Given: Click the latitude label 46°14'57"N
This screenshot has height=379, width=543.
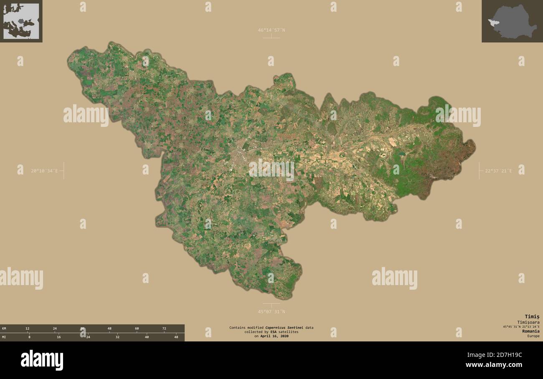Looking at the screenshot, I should (271, 30).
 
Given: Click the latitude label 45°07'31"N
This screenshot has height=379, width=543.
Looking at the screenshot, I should (271, 311).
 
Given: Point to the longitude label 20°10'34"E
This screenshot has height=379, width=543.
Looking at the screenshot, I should (44, 171).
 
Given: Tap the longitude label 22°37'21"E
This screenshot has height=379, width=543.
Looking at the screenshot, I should (498, 171).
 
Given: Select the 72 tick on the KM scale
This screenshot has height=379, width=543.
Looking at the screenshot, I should (164, 328).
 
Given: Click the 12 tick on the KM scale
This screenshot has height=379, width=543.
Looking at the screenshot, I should (28, 328).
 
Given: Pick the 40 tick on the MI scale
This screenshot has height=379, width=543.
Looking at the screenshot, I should (147, 337).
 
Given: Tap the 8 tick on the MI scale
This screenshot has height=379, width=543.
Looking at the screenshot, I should (29, 337).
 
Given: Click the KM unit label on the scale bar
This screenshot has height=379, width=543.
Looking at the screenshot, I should (4, 328).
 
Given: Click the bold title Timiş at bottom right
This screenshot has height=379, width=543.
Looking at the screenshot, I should (532, 316).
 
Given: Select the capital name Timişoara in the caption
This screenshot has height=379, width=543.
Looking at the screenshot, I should (528, 322).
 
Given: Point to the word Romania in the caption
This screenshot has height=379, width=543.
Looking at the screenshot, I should (530, 331).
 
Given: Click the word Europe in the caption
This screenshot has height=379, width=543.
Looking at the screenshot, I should (533, 336).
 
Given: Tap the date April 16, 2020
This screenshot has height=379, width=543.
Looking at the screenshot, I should (274, 336).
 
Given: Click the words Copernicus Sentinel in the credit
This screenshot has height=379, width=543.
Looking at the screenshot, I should (284, 328).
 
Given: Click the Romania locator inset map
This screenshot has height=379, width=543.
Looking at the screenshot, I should (512, 21).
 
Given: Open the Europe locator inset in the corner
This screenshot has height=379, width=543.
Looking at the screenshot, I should (21, 21).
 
